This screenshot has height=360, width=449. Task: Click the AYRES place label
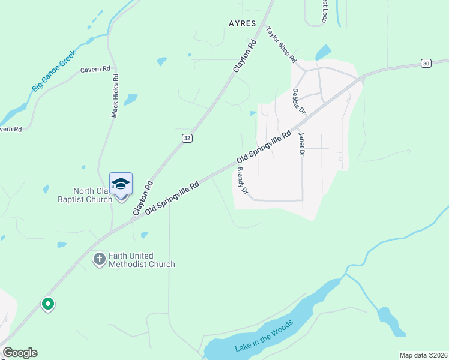click(x=243, y=23)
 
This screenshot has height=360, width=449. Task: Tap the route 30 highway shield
click(x=426, y=63)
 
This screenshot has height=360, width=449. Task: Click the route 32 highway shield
click(x=187, y=138)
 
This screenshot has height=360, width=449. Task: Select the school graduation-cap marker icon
click(x=121, y=184)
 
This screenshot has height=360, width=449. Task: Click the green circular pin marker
click(x=48, y=304)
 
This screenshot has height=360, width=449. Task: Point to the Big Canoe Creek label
click(x=55, y=70)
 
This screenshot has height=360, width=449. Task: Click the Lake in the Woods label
click(x=265, y=338)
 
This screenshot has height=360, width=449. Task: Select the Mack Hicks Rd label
click(x=116, y=95)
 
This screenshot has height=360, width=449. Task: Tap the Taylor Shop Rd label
click(x=281, y=45)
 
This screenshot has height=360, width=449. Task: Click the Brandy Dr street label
click(x=242, y=181)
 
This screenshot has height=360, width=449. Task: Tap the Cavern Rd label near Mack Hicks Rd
click(x=95, y=70)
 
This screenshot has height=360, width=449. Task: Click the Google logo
click(x=20, y=353)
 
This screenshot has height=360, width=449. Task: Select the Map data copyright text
click(x=423, y=355)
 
